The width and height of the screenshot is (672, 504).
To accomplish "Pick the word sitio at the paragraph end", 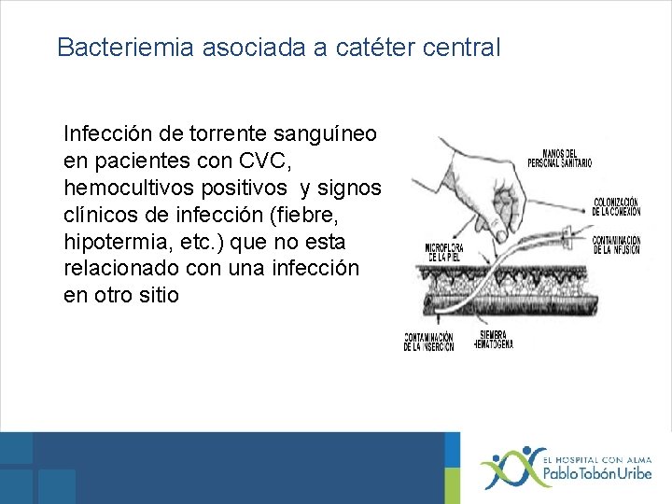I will [155, 296].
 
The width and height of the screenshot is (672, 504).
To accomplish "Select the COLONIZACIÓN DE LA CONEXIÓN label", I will [615, 206].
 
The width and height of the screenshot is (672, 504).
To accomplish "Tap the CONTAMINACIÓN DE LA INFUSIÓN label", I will [616, 245].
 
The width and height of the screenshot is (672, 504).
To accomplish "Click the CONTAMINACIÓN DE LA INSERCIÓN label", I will [428, 342].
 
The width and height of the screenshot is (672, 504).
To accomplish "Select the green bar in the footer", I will [453, 467].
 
